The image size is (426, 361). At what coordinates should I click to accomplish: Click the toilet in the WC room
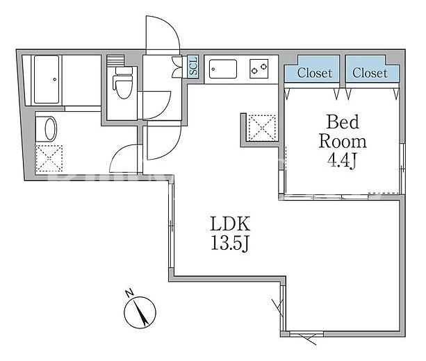coord(122,83)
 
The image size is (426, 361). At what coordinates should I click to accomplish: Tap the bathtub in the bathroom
coord(47,79)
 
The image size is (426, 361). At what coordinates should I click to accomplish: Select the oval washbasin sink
coord(50,129)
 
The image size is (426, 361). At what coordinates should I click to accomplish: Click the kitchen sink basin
coord(223,69)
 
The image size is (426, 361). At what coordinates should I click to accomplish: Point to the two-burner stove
coord(259,69)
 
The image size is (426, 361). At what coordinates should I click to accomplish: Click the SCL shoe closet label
coord(193,66)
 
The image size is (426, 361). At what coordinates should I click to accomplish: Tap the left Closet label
coord(315,73)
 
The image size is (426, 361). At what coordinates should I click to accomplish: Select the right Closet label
coord(370,73)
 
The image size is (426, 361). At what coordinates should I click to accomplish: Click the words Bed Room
coord(343,132)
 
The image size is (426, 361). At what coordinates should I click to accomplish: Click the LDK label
coord(230,224)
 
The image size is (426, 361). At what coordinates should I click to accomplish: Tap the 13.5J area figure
coord(230,243)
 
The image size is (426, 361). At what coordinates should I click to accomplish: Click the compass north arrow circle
coord(140,312)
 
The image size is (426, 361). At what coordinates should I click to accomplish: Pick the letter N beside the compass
coord(129,293)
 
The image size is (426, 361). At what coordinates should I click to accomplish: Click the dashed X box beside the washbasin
coord(49,158)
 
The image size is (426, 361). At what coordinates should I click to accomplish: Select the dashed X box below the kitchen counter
coord(262,128)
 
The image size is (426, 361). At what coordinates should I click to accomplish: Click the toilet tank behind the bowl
coord(124,71)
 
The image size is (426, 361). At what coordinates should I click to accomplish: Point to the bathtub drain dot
coord(55,79)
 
